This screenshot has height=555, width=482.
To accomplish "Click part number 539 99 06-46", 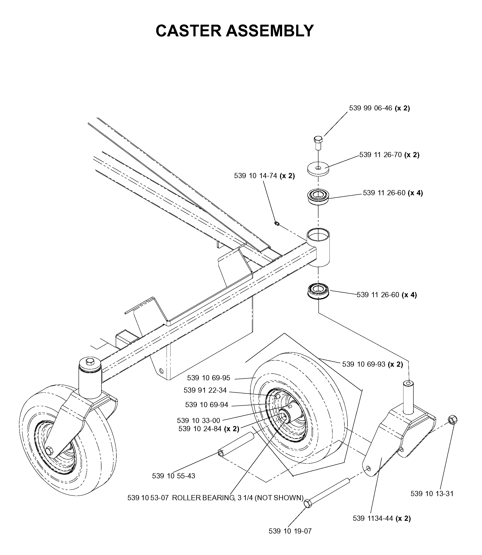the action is (371, 108).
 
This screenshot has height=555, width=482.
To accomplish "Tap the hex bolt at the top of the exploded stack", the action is (318, 143).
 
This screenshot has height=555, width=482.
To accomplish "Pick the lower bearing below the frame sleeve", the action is (318, 290).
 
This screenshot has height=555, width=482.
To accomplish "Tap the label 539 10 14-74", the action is (255, 176).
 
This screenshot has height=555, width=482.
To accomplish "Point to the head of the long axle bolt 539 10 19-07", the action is (307, 504).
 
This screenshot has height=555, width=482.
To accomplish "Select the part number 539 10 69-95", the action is (209, 378).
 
